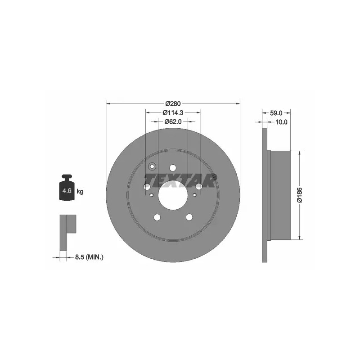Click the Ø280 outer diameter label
173,104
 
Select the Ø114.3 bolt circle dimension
173,112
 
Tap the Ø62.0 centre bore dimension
173,121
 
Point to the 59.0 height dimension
276,113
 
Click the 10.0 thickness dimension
281,122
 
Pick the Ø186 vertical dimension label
300,195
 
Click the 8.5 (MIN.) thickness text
89,257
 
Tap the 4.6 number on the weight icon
67,190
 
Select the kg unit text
80,191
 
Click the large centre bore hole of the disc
173,195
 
